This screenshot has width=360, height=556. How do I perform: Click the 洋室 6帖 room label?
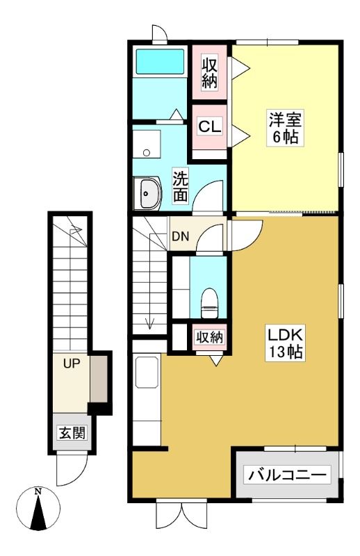[x=285, y=128]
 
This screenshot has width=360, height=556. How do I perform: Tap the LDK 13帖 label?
[x=284, y=343]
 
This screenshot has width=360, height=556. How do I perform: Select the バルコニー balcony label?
[x=287, y=475]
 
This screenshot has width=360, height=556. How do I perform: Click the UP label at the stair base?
[x=72, y=363]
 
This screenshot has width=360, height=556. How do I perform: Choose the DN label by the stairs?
[x=180, y=236]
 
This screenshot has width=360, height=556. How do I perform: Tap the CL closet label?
[x=210, y=126]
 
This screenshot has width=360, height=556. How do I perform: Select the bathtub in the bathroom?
[x=160, y=62]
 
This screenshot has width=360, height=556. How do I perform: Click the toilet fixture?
[x=209, y=303]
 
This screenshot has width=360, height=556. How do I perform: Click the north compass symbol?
[x=38, y=509]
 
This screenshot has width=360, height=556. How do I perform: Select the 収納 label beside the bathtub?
[x=209, y=74]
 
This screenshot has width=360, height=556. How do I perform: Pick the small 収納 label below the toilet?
[x=210, y=337]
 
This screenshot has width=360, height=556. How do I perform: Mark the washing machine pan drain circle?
[x=146, y=153]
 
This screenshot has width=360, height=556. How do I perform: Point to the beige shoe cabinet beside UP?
[x=99, y=379]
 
